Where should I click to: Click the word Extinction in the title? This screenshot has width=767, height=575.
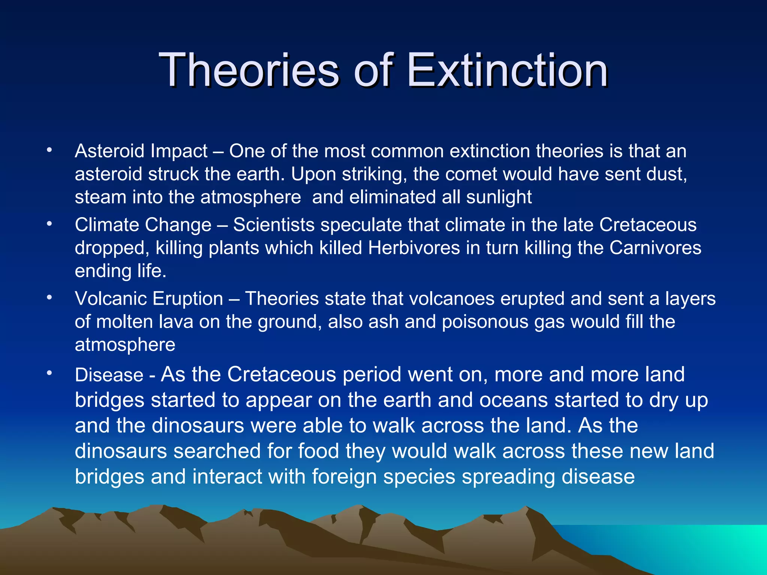click(x=507, y=70)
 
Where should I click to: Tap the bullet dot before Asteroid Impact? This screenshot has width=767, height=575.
click(x=49, y=150)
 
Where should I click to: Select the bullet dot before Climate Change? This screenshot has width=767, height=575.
click(x=49, y=224)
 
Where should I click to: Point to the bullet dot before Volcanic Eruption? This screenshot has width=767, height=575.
click(x=49, y=298)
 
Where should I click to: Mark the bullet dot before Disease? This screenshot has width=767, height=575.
click(x=49, y=373)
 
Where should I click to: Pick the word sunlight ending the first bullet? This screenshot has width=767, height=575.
click(x=499, y=197)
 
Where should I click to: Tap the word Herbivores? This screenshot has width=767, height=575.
click(x=414, y=248)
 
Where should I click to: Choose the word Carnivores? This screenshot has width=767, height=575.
click(x=655, y=248)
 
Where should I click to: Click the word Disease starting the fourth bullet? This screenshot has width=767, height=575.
click(x=109, y=375)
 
